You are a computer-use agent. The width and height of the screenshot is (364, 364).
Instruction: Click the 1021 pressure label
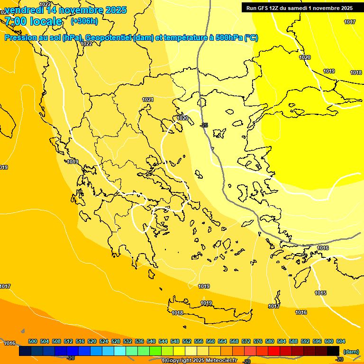148,100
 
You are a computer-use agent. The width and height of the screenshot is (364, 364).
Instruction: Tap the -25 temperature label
204,125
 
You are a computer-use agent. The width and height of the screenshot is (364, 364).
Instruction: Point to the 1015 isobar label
320,293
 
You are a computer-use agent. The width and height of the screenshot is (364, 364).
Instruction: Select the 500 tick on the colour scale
33,341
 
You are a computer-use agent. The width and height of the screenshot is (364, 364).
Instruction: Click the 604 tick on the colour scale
341,341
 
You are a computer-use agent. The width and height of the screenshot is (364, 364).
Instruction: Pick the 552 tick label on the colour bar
187,341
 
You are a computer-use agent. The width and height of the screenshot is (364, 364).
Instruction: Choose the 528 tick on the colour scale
116,341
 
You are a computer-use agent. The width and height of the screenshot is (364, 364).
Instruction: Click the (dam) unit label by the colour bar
351,352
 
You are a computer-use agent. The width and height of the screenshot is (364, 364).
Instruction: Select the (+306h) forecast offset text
84,21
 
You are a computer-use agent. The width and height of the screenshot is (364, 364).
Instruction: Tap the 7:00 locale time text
33,21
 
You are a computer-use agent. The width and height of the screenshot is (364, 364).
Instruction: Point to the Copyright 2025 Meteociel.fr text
200,361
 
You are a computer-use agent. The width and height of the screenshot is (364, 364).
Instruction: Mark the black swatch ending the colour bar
333,351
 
